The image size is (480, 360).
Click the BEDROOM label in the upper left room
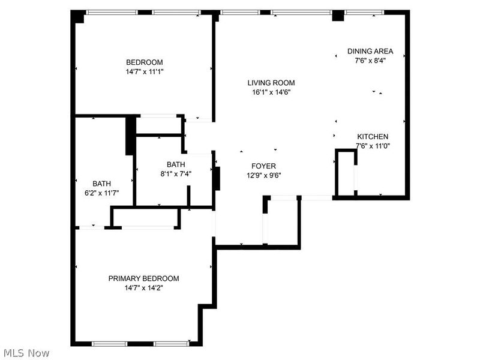144,62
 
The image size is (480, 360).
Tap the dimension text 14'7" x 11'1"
144,71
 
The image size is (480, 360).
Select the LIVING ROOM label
271,83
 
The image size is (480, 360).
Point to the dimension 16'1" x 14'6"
271,92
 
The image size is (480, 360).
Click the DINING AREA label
370,52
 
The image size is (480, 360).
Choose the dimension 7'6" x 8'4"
370,61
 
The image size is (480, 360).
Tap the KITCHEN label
373,137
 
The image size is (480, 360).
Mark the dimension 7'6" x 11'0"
373,146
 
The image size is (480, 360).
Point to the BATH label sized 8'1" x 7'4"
176,164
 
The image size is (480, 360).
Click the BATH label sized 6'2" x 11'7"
101,184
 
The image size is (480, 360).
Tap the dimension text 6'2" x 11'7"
101,193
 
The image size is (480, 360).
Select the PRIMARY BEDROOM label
143,278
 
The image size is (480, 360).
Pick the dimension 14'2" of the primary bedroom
154,288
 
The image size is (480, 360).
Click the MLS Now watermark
26,353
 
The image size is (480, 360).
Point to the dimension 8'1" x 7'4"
176,174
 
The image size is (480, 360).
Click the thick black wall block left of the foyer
217,178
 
